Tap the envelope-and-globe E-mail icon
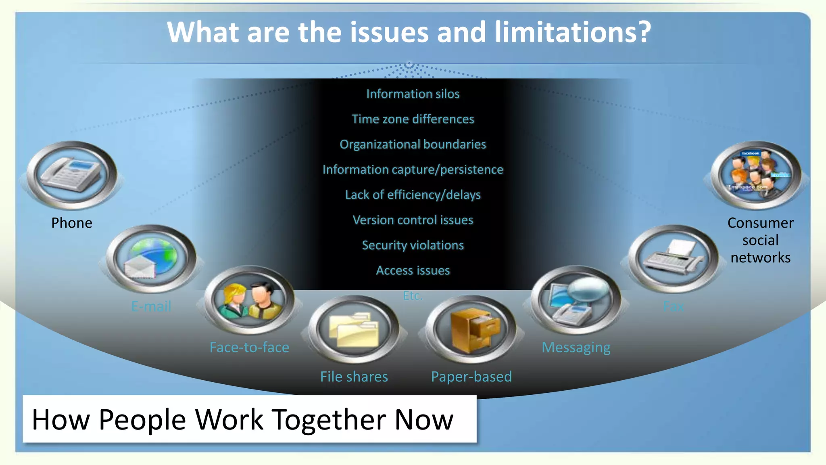[x=151, y=259]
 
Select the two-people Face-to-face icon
[x=250, y=300]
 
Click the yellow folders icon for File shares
[x=354, y=329]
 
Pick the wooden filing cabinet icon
[x=471, y=329]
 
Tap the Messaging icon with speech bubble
[x=576, y=300]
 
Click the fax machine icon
[x=673, y=259]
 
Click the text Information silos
[x=413, y=94]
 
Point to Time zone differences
[x=413, y=119]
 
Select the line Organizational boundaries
[x=413, y=145]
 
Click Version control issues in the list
[x=413, y=220]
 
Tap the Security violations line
[x=413, y=245]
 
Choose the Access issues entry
[x=413, y=270]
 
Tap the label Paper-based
[x=471, y=377]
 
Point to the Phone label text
[x=72, y=223]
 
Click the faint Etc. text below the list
[x=413, y=296]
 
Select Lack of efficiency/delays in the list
[x=413, y=195]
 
